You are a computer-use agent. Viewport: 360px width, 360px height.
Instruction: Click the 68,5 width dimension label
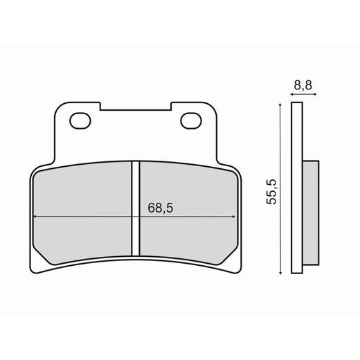(x=160, y=208)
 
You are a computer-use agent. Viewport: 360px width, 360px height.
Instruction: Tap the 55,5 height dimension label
(x=271, y=192)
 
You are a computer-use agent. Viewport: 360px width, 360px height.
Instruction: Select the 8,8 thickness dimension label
(x=303, y=85)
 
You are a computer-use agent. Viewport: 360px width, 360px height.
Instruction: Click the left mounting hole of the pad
(x=80, y=120)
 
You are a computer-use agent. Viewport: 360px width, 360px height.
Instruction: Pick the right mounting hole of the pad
(x=191, y=120)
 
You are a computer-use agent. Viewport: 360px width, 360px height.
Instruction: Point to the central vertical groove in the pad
(x=136, y=208)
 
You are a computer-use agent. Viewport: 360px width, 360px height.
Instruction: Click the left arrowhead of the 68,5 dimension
(x=35, y=217)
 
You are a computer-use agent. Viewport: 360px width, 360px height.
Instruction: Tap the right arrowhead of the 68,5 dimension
(x=234, y=217)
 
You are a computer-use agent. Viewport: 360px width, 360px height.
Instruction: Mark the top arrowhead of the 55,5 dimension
(x=280, y=105)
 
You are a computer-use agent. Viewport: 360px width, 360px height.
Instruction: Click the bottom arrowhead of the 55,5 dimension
(x=280, y=272)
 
